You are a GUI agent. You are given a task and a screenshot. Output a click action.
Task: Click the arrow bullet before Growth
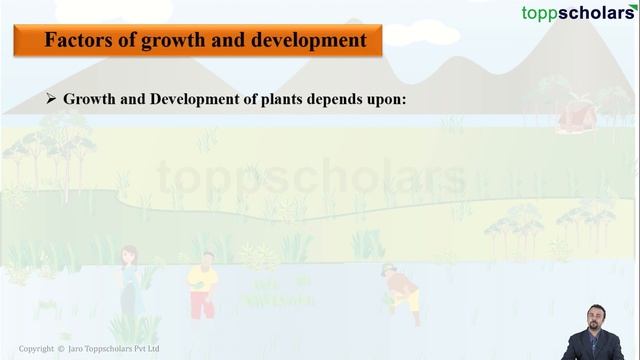point(52,100)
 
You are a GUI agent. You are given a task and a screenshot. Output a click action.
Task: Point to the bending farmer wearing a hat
point(401,289)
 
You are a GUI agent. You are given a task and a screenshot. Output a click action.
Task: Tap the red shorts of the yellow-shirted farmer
point(203,303)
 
